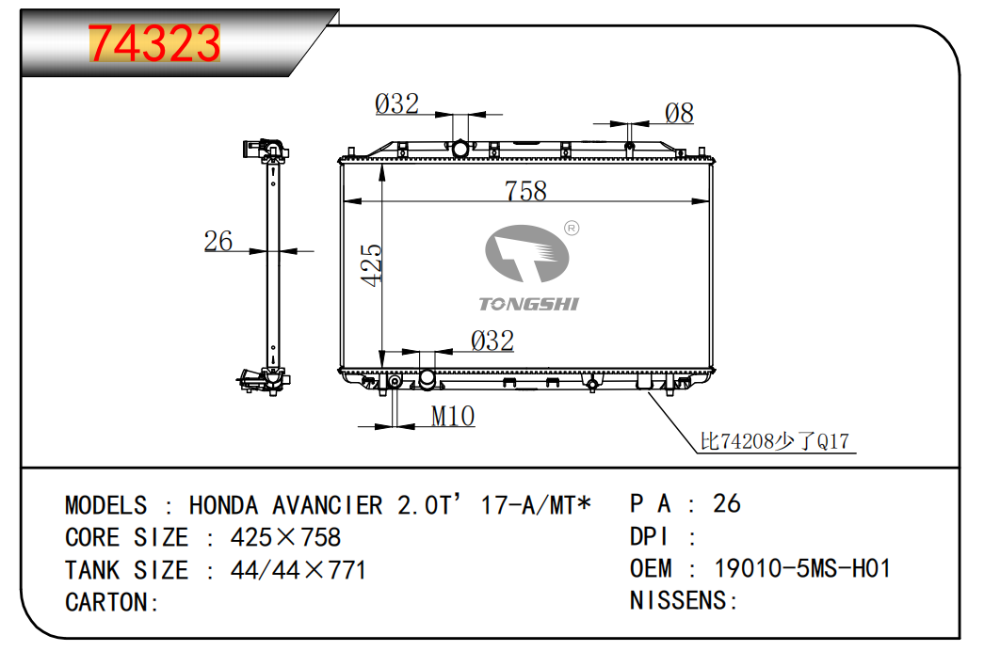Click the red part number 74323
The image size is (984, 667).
coord(154,43)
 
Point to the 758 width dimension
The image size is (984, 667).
coord(525,191)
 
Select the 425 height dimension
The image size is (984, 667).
coord(372,265)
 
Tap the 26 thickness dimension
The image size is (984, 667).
coord(218,241)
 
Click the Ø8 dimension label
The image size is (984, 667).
coord(679,114)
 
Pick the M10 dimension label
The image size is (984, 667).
coord(453,416)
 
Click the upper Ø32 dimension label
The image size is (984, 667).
coord(396,104)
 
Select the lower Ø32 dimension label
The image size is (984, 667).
coord(492,341)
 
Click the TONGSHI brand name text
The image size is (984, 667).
coord(528,304)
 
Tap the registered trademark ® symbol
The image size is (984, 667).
coord(572,229)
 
